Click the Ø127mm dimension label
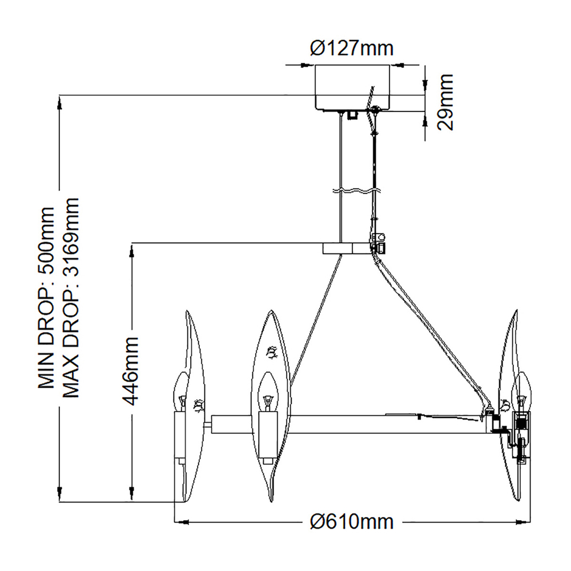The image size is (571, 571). pyautogui.click(x=352, y=48)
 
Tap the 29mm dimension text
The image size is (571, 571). pyautogui.click(x=445, y=102)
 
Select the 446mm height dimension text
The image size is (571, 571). pyautogui.click(x=130, y=371)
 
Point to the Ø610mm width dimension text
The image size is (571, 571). pyautogui.click(x=352, y=522)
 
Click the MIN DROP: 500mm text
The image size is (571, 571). pyautogui.click(x=46, y=297)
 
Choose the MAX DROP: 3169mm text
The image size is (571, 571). pyautogui.click(x=71, y=297)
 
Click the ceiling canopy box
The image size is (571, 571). pyautogui.click(x=352, y=87)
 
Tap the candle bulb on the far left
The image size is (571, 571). pyautogui.click(x=181, y=392)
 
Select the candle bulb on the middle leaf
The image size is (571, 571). pyautogui.click(x=268, y=392)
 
